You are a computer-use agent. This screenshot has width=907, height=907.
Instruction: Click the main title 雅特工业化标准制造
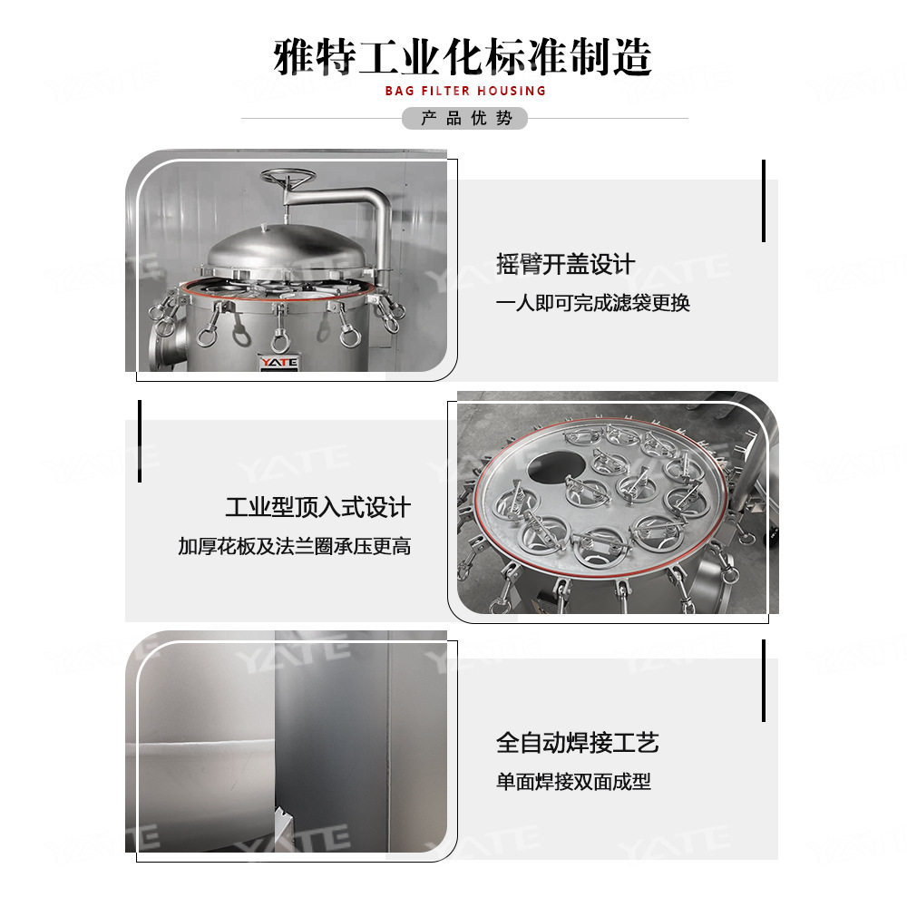coord(463,56)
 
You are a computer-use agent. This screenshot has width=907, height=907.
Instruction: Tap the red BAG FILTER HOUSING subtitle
coord(465,91)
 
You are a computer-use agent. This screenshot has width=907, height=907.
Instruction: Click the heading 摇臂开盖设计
coord(565,265)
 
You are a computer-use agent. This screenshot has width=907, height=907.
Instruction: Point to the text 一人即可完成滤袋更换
coord(593,303)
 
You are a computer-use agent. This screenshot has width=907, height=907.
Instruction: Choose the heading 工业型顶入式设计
coord(317,507)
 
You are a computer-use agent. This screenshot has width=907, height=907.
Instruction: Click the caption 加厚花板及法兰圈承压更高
coord(294,546)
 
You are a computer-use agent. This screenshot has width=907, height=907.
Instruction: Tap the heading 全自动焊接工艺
coord(577,744)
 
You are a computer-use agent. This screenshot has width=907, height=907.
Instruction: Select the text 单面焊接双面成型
coord(573,782)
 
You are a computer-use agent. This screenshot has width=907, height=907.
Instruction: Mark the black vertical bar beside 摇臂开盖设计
coord(764,200)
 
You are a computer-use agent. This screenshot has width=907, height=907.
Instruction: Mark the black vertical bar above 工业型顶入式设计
coord(140,441)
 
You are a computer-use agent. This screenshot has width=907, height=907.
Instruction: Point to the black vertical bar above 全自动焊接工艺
coord(764,680)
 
